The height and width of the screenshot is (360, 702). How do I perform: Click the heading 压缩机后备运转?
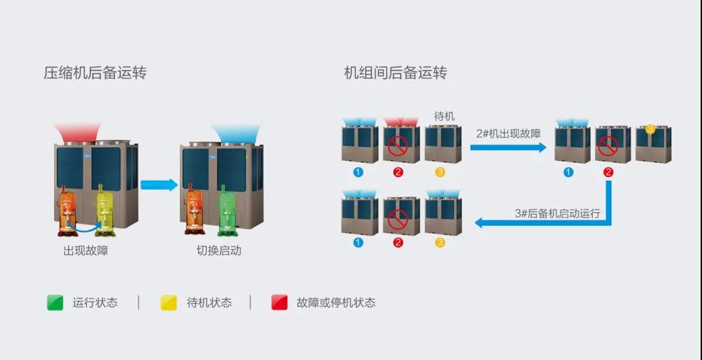pos(95,73)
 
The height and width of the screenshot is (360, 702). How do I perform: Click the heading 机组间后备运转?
pos(395,73)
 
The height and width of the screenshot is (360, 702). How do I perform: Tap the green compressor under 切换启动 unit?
pos(228,210)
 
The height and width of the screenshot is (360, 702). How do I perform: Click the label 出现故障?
pos(86,250)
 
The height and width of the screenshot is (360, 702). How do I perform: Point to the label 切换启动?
pos(219,250)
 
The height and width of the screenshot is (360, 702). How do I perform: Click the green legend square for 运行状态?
pos(55,302)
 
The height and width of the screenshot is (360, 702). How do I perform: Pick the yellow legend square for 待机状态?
pos(169,302)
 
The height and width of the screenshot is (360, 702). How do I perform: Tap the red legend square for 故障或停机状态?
pos(279,302)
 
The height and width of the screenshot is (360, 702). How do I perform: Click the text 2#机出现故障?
pos(509,133)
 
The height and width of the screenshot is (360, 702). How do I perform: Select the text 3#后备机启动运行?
pos(558,213)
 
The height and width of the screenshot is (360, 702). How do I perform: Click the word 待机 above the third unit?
pos(444,117)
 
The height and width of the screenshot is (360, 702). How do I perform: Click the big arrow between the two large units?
pos(159,185)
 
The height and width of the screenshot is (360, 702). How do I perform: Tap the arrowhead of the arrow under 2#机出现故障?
pos(542,147)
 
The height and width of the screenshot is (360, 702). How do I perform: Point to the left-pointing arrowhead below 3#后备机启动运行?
pos(478,222)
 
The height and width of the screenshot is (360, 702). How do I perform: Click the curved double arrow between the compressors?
pos(83,226)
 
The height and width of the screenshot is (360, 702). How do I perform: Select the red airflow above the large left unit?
pos(77,132)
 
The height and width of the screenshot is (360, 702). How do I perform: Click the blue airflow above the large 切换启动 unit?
pos(236,133)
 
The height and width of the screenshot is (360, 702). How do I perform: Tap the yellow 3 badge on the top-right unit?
pos(651,129)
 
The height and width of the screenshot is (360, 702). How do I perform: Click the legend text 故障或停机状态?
pos(336,302)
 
